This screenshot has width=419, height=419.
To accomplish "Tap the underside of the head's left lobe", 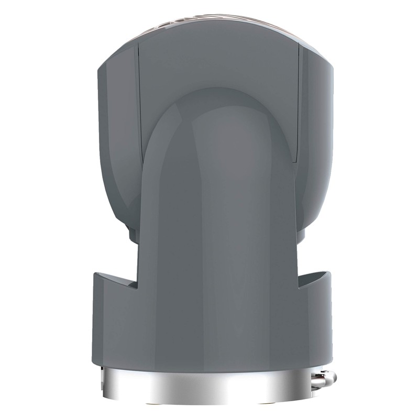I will pos(126,225).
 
